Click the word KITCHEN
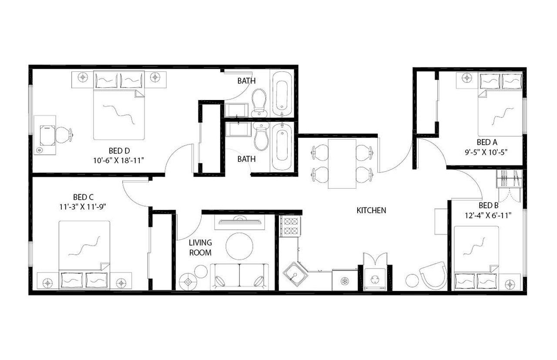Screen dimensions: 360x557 (x=371, y=210)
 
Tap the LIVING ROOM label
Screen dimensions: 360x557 (x=201, y=247)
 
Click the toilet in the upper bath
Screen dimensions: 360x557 (x=259, y=102)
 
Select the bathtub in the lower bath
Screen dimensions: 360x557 (x=282, y=147)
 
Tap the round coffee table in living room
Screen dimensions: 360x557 (x=239, y=246)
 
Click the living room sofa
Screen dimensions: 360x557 (x=239, y=277)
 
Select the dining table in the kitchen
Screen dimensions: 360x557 (x=342, y=163)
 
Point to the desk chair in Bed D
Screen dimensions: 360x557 (x=64, y=135)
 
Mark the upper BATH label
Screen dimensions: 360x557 (x=246, y=81)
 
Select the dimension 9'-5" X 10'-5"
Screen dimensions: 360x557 (x=487, y=152)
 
